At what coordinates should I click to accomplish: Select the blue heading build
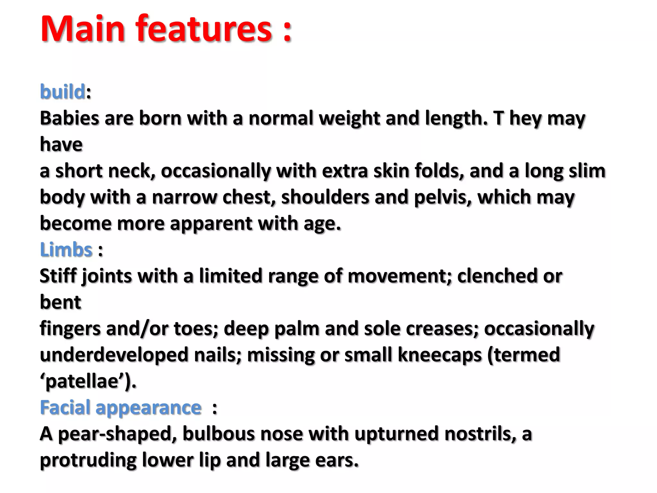tap(63, 92)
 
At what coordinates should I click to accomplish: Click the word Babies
tap(69, 118)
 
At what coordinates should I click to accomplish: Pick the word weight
tap(349, 118)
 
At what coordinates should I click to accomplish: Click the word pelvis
tap(443, 197)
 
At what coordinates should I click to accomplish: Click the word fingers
tap(70, 329)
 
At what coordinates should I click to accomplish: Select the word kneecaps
tap(439, 355)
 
